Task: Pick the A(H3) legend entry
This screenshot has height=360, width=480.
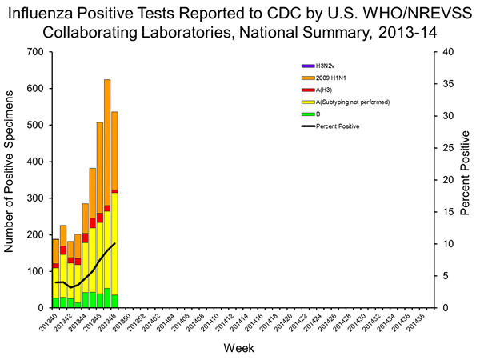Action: coord(312,90)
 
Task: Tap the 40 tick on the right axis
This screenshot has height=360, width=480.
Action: coord(448,52)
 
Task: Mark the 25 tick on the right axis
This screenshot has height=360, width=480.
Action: coord(448,148)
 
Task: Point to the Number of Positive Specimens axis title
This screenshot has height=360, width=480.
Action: coord(11,180)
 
